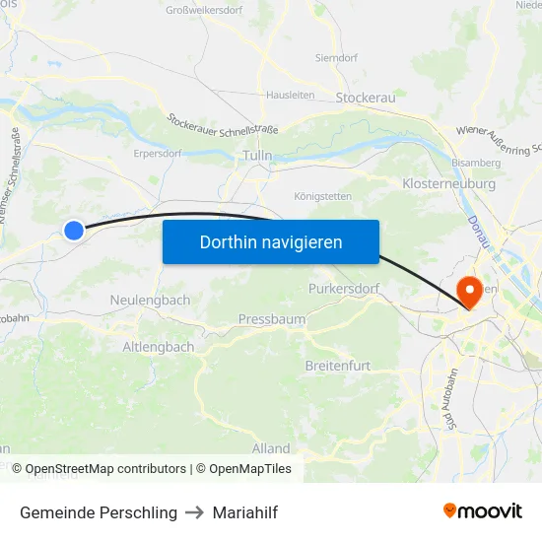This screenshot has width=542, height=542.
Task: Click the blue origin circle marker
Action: [x=74, y=230]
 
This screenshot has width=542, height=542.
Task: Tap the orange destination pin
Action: [x=469, y=290]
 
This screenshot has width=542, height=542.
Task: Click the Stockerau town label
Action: [x=366, y=98]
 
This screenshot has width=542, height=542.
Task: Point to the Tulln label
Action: [x=256, y=156]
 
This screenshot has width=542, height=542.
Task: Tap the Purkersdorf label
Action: [x=343, y=288]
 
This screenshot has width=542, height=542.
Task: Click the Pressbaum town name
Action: [x=272, y=319]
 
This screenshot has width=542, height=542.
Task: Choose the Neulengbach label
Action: [x=150, y=299]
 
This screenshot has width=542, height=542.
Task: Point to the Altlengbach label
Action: [x=159, y=347]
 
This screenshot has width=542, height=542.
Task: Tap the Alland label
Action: [x=271, y=448]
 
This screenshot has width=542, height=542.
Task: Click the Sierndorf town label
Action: [x=335, y=58]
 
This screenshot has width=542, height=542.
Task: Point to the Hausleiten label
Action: [x=290, y=96]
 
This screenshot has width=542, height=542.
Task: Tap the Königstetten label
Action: [x=321, y=195]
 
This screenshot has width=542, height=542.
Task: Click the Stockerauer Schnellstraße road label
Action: [x=223, y=125]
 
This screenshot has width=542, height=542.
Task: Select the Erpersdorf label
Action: [x=158, y=154]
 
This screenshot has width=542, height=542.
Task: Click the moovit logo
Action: [x=483, y=510]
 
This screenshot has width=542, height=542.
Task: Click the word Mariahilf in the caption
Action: [x=246, y=512]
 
